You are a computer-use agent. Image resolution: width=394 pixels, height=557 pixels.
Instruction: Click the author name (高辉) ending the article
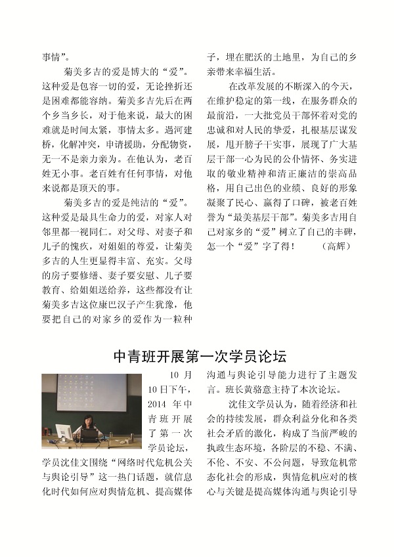coord(339,246)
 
